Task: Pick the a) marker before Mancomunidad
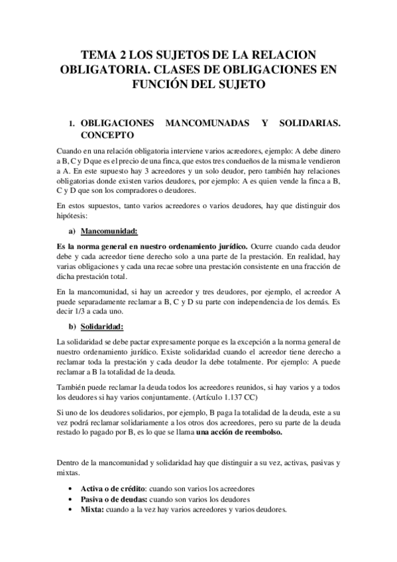point(70,231)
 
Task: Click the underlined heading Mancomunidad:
point(109,231)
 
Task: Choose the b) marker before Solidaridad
point(71,326)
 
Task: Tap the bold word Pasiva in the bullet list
point(93,499)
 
